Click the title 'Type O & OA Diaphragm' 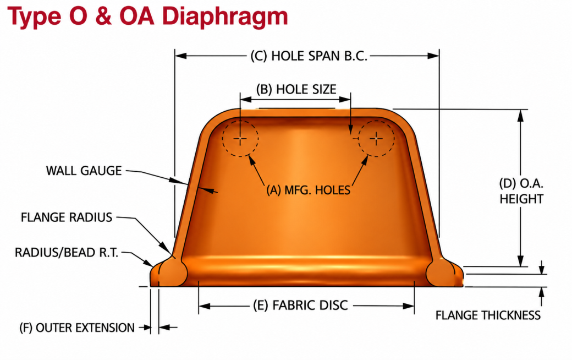[x=147, y=17]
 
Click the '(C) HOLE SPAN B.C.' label [x=309, y=56]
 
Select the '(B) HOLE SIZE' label [x=296, y=90]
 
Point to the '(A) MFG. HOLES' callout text [x=308, y=190]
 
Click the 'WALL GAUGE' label [x=84, y=171]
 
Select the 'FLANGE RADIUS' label [x=67, y=217]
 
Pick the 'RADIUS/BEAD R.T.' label [x=67, y=253]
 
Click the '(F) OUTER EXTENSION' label [x=77, y=328]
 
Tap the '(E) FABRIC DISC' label [x=301, y=306]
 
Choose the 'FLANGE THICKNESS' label [x=488, y=315]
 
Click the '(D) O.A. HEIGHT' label [x=521, y=191]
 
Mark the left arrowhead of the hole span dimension [x=181, y=56]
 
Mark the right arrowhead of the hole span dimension [x=433, y=56]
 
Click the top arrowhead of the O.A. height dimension [x=520, y=116]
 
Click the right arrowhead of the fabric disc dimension [x=409, y=306]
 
